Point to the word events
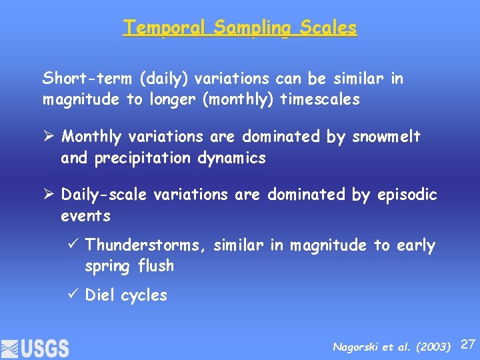coord(85,216)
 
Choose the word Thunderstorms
coord(146,245)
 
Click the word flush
coord(156,266)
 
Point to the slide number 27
coord(468,344)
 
